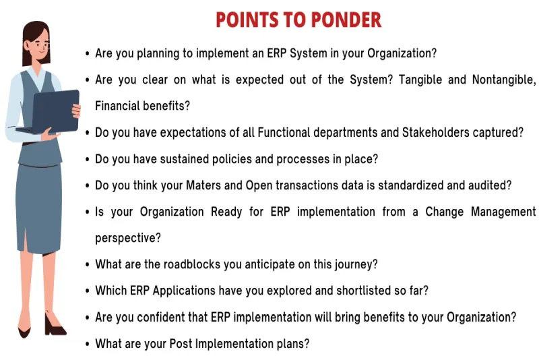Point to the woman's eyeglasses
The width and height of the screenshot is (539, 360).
click(40, 44)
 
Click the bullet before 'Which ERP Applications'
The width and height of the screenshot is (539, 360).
click(87, 291)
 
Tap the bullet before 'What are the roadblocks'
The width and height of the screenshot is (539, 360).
click(87, 265)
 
